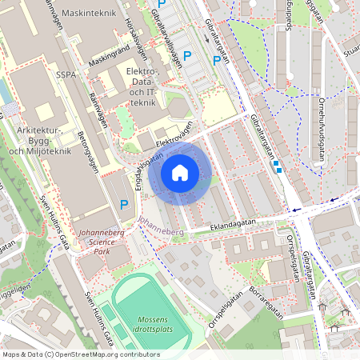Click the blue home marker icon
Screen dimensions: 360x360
tap(180, 173)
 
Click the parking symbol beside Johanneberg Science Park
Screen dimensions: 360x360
tap(124, 205)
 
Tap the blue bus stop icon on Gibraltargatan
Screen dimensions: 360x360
tap(277, 166)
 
